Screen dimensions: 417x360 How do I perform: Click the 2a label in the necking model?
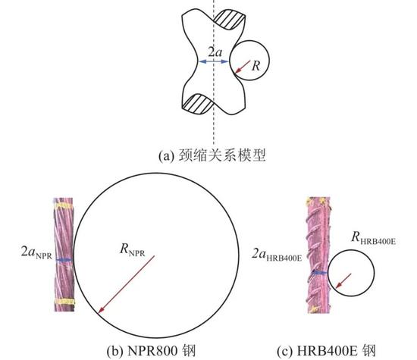tap(215, 52)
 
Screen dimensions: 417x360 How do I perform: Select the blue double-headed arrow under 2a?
tap(214, 61)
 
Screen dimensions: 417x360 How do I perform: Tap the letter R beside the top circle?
tap(256, 66)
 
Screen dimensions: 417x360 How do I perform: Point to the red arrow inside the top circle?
tap(243, 67)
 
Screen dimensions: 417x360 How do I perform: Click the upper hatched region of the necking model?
tap(229, 20)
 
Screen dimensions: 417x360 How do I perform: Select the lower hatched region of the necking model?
tap(197, 103)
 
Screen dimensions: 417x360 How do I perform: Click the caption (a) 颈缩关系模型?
tap(212, 155)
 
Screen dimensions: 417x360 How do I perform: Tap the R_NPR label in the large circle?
tap(133, 250)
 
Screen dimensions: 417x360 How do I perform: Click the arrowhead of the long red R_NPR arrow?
tap(100, 311)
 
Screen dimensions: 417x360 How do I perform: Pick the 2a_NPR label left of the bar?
tap(36, 252)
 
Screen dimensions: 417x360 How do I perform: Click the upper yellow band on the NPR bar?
tap(64, 206)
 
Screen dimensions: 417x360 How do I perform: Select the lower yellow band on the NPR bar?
tap(64, 301)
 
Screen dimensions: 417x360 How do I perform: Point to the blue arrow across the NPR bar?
tap(64, 260)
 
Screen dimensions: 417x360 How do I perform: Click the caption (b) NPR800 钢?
tap(151, 351)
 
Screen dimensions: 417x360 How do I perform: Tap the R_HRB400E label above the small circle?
tap(373, 237)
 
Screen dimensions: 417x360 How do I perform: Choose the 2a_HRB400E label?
tap(277, 255)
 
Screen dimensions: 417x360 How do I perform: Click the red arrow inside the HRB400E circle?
tap(343, 280)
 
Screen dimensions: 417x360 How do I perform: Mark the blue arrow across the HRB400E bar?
tap(320, 273)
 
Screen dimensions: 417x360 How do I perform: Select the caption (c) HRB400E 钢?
tap(326, 351)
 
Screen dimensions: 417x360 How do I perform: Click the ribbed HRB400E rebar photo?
tap(318, 255)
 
